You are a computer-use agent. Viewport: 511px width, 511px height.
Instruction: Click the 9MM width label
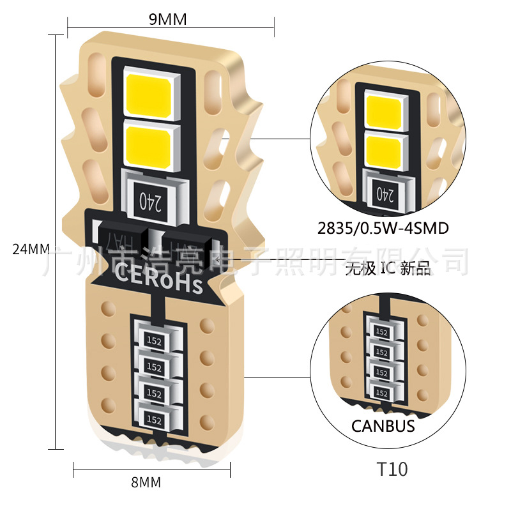[168, 19]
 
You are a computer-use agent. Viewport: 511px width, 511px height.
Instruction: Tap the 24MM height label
[31, 249]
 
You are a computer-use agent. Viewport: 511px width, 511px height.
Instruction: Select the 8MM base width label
[145, 482]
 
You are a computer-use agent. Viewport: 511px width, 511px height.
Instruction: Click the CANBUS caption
[383, 426]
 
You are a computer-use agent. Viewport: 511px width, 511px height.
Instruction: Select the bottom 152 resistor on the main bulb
[153, 419]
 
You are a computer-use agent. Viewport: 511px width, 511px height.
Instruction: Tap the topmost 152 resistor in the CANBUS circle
[382, 332]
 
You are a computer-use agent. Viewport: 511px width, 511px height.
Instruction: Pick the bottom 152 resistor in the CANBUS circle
[382, 392]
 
